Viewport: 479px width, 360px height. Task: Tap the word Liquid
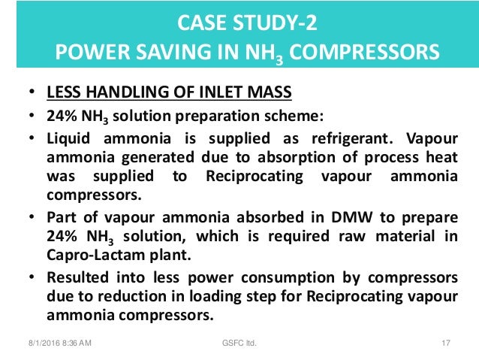tap(69, 139)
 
